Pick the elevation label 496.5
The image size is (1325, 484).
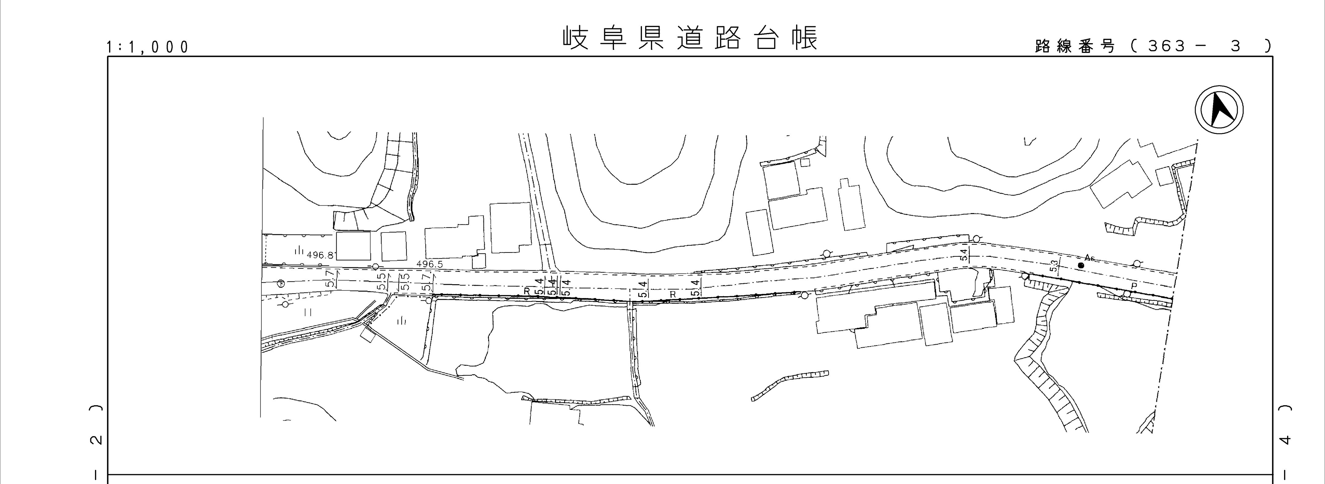430,264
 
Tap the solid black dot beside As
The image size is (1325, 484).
1081,265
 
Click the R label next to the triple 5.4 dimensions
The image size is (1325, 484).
527,291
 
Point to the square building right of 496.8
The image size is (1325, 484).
354,246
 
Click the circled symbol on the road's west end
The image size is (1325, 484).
281,283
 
